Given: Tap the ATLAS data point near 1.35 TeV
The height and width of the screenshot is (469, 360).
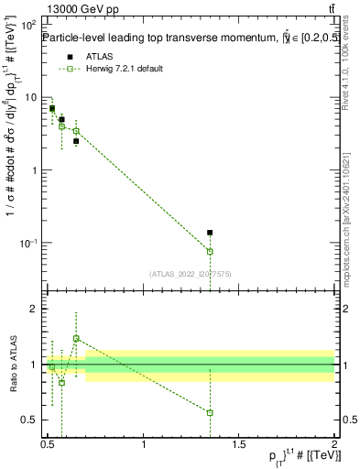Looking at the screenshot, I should pos(210,233).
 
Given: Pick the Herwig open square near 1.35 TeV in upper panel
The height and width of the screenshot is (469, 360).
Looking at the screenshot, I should pos(210,251).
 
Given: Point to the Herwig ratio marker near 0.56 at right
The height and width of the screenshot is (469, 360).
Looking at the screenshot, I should pos(210,413).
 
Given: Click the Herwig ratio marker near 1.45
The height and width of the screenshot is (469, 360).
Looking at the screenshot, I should pos(76,338).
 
